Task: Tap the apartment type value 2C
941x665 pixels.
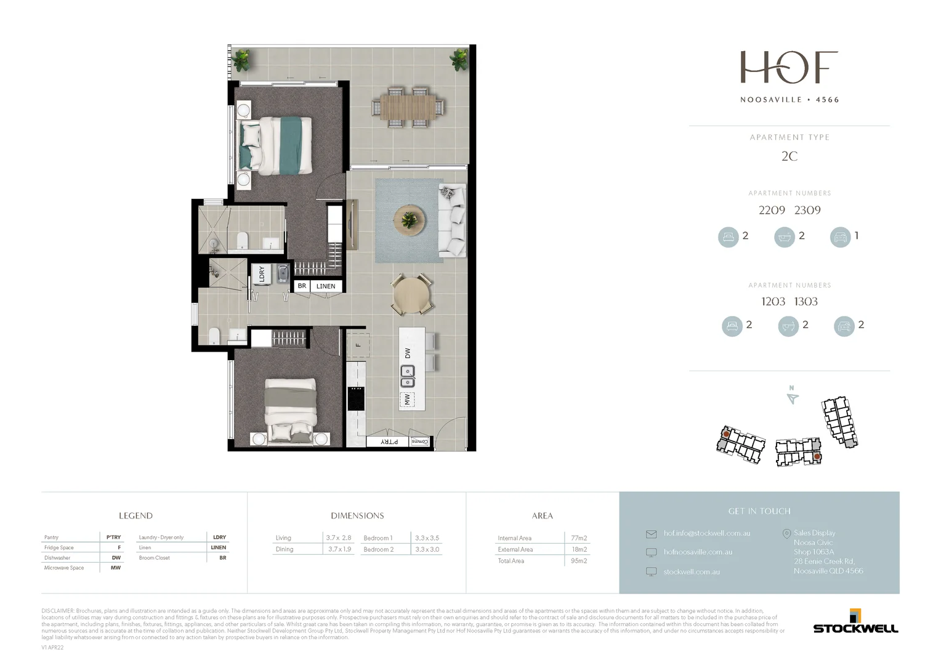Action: coord(790,156)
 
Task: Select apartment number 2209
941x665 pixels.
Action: coord(772,211)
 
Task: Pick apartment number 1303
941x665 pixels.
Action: coord(806,302)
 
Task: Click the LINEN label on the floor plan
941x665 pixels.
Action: coord(326,286)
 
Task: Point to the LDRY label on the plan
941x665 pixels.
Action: coord(262,274)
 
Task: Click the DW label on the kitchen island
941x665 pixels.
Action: coord(408,353)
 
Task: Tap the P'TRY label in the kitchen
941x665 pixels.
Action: coord(389,441)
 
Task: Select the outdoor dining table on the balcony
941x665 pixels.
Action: coord(407,107)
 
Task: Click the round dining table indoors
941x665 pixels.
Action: coord(411,296)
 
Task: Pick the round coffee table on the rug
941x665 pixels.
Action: coord(409,219)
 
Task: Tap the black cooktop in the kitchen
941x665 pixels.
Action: coord(356,398)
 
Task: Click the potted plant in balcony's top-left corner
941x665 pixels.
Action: coord(241,59)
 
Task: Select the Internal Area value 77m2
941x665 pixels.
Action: coord(578,538)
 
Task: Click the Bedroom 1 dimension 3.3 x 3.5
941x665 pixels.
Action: coord(427,538)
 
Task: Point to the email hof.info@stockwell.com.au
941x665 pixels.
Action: coord(706,533)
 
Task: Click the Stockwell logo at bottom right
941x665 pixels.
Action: coord(855,623)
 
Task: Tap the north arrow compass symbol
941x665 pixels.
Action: coord(793,397)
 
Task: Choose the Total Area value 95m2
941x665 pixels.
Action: coord(578,561)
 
